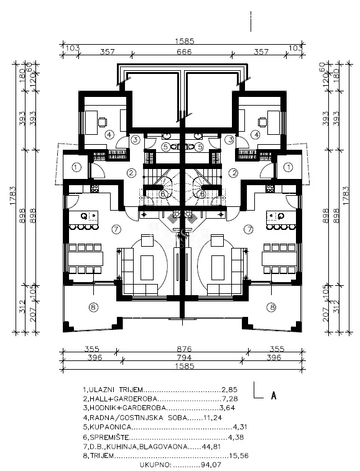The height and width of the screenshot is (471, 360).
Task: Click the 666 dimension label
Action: (184, 52)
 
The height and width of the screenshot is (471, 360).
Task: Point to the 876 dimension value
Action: (184, 349)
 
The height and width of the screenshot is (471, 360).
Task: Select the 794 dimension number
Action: (184, 357)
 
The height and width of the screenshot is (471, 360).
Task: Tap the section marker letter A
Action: (274, 396)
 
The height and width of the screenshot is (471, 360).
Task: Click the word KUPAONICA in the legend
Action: (110, 427)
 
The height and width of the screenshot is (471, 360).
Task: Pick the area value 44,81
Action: (211, 447)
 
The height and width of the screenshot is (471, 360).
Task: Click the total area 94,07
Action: (210, 465)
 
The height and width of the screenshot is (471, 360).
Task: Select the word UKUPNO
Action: (155, 465)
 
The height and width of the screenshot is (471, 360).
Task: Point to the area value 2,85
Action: (229, 390)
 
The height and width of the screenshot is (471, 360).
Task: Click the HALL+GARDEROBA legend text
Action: (123, 399)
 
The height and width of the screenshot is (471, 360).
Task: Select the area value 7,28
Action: (230, 399)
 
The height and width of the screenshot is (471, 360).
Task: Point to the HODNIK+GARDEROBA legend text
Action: (127, 408)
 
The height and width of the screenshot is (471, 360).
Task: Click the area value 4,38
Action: (236, 437)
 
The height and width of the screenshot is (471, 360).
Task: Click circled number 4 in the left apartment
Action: (109, 135)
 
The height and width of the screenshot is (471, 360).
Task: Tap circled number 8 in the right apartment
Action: (272, 307)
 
